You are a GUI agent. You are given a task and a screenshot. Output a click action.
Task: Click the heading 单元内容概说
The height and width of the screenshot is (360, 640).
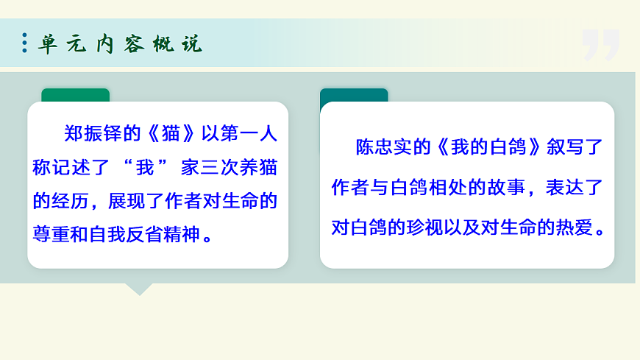point(120,43)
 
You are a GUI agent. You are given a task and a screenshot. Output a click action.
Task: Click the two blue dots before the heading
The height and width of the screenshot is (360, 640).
point(25,43)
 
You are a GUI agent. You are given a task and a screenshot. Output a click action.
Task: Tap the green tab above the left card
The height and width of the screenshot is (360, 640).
point(75,95)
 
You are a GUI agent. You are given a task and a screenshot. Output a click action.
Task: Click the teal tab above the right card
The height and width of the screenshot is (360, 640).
point(354,95)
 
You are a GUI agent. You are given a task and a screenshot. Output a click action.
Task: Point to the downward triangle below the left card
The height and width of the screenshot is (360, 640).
point(138,289)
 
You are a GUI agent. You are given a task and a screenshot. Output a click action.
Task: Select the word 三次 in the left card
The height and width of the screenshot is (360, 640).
point(218,167)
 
